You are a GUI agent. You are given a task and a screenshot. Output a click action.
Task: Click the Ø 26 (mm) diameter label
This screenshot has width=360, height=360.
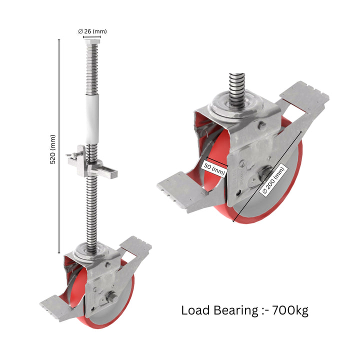(x=92, y=31)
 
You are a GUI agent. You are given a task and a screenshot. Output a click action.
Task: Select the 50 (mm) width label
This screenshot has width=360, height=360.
(x=214, y=169)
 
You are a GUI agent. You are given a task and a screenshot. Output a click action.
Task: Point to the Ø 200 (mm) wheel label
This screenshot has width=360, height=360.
(x=273, y=180)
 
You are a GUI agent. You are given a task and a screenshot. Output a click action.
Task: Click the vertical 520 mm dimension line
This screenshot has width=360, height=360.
(x=59, y=145)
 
